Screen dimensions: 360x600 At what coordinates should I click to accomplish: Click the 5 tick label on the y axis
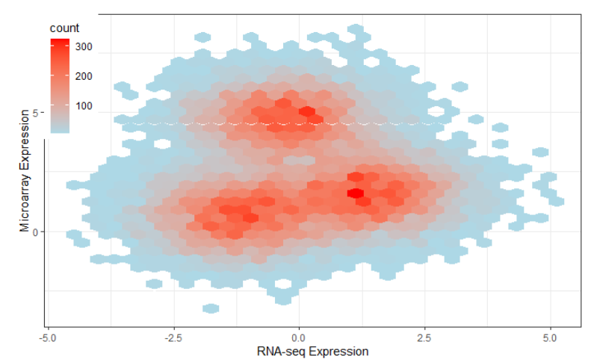(x=37, y=113)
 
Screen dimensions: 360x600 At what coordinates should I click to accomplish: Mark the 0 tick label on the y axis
(x=37, y=232)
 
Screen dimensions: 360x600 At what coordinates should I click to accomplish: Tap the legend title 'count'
(x=64, y=28)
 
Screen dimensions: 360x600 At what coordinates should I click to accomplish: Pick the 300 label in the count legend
(x=83, y=47)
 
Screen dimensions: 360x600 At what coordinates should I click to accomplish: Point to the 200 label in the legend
(x=83, y=76)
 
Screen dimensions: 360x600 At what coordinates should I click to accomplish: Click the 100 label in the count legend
(x=83, y=105)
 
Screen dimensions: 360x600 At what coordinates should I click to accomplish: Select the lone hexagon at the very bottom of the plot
(x=211, y=308)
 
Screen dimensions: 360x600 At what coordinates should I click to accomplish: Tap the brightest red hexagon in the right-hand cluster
(x=356, y=193)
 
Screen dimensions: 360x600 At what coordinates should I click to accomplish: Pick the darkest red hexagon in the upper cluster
(x=306, y=112)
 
